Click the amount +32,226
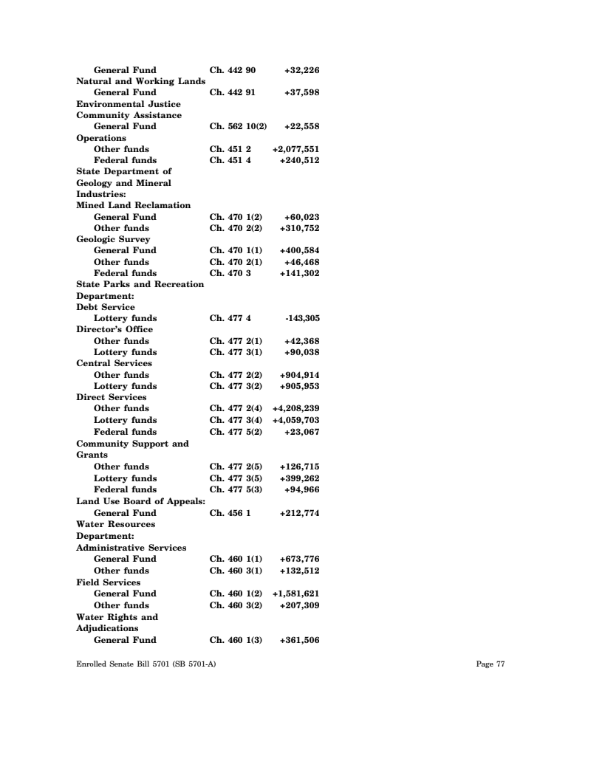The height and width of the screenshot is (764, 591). point(301,70)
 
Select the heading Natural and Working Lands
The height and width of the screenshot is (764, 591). point(140,81)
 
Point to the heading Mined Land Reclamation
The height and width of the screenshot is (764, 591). point(133,205)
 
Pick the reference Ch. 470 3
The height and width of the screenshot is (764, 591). point(230,273)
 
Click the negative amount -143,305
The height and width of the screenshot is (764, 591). point(301,318)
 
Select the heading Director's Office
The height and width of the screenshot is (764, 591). point(115,329)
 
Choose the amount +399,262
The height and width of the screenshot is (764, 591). point(299,478)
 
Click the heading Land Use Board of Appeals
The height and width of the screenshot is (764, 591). point(140,501)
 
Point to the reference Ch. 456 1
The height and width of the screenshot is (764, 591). point(230,512)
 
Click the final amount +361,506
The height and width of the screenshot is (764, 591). point(299,639)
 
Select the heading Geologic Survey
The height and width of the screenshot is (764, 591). point(113,239)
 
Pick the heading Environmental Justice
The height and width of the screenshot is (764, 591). point(129,104)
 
